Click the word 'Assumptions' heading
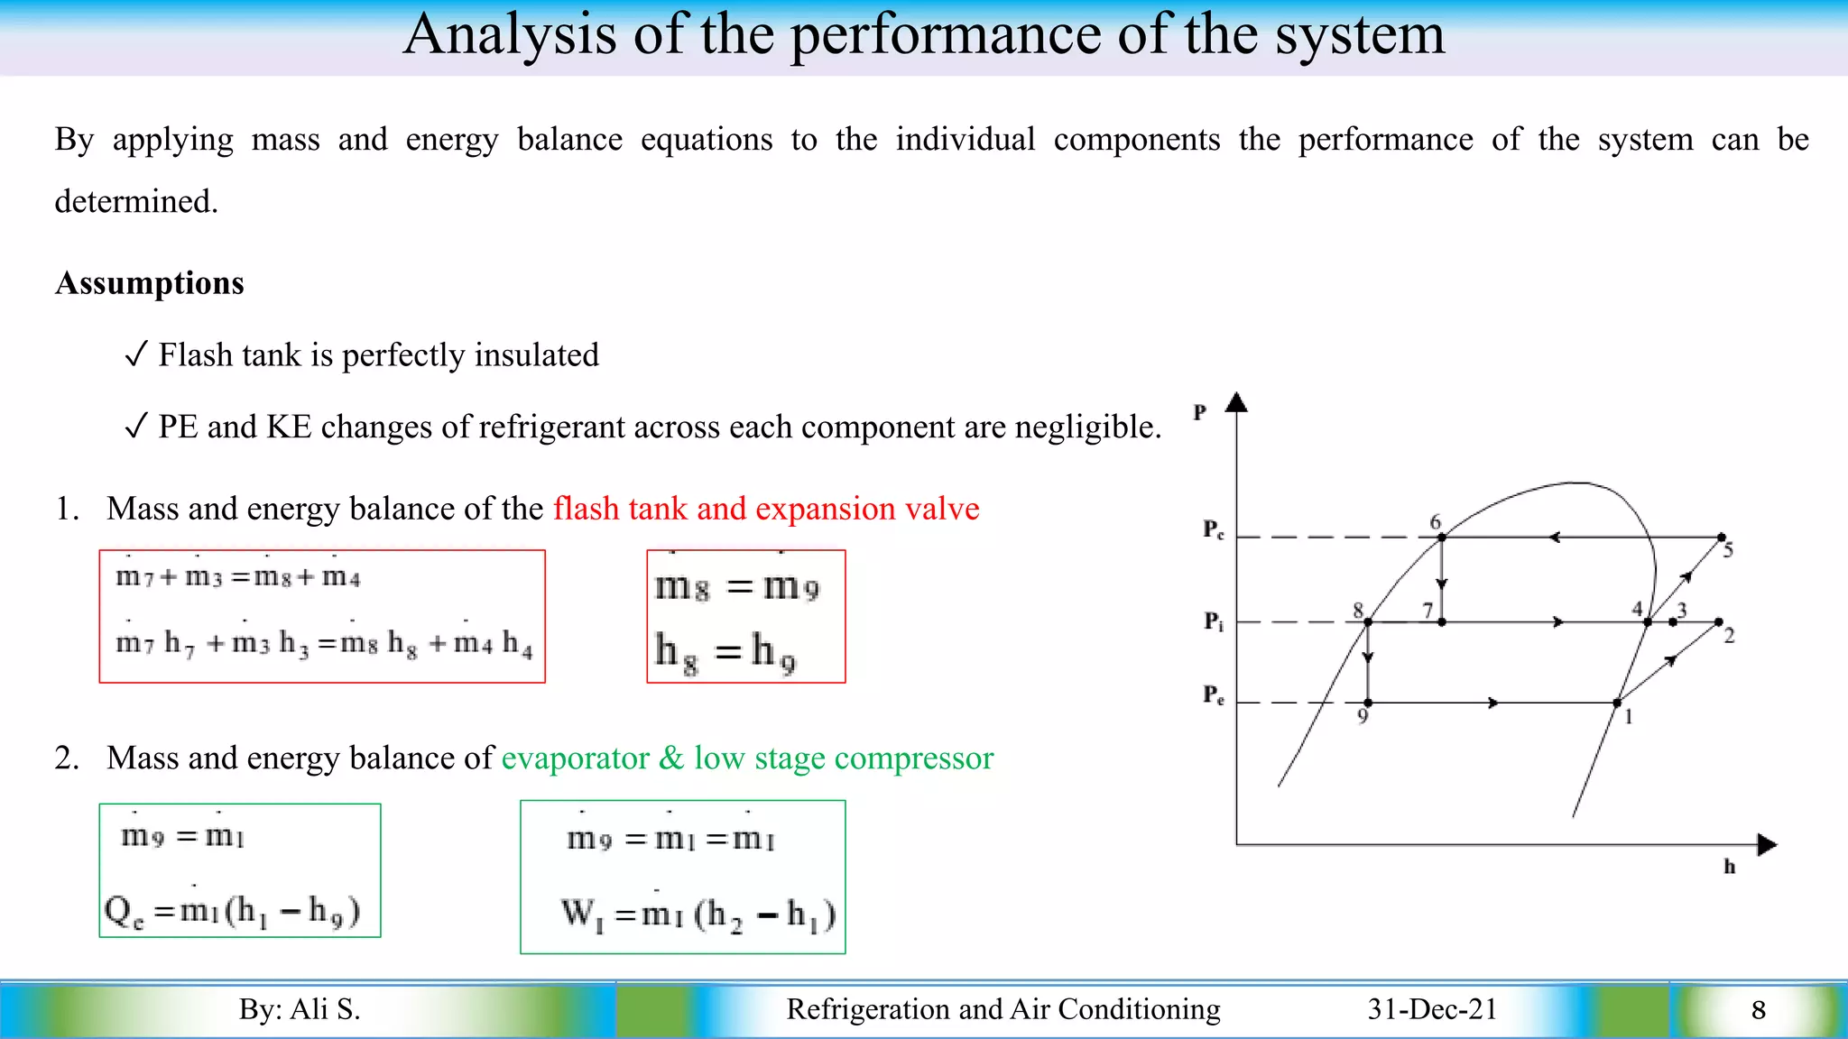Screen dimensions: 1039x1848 [x=150, y=283]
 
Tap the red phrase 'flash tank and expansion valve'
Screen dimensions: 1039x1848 [x=766, y=509]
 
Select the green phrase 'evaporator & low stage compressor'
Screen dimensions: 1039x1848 [x=747, y=759]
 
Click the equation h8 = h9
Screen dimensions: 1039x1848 [x=726, y=651]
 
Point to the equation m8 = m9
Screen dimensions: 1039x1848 [x=737, y=587]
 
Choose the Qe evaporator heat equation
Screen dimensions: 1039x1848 [x=233, y=911]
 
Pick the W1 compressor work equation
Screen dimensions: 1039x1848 [x=698, y=915]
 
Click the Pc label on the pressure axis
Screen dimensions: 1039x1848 [x=1214, y=529]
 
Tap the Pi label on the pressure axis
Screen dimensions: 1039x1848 [x=1214, y=621]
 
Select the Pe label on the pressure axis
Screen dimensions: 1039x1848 [x=1214, y=695]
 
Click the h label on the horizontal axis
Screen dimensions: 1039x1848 [x=1729, y=867]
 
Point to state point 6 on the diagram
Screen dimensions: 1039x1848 [x=1442, y=537]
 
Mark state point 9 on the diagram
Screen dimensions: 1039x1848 [x=1368, y=703]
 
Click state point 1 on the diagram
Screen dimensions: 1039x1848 [x=1617, y=703]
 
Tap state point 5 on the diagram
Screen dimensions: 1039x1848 [x=1722, y=538]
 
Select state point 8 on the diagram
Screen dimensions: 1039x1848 [x=1368, y=621]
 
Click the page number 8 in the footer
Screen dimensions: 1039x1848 [x=1758, y=1010]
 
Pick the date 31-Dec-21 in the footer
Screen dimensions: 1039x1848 [x=1432, y=1009]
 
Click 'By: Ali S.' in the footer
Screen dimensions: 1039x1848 [x=300, y=1009]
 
